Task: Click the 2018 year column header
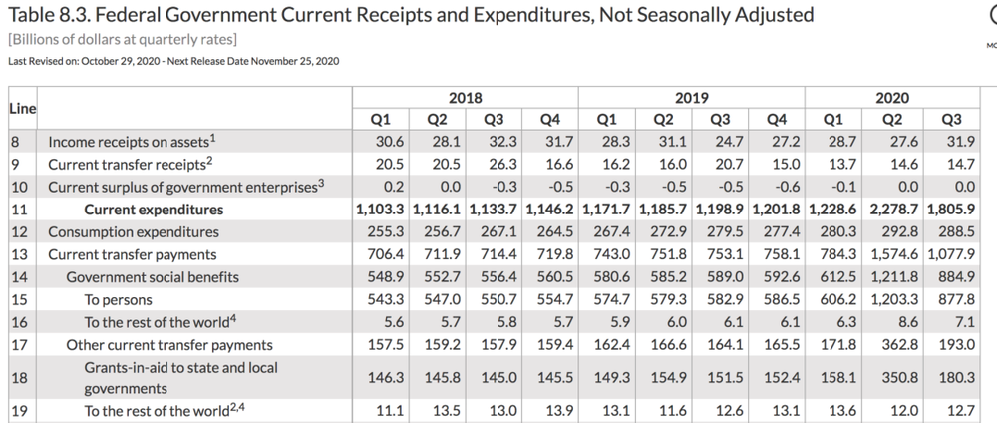tap(465, 98)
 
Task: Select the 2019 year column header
tap(691, 98)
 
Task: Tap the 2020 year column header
tap(891, 98)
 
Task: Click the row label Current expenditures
tap(154, 210)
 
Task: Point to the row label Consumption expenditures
tap(133, 232)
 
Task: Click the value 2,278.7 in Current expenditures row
tap(892, 210)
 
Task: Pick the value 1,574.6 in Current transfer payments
tap(892, 255)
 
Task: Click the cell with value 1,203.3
tap(892, 300)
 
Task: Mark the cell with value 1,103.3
tap(379, 210)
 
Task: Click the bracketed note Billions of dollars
tap(122, 39)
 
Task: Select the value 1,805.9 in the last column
tap(949, 210)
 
